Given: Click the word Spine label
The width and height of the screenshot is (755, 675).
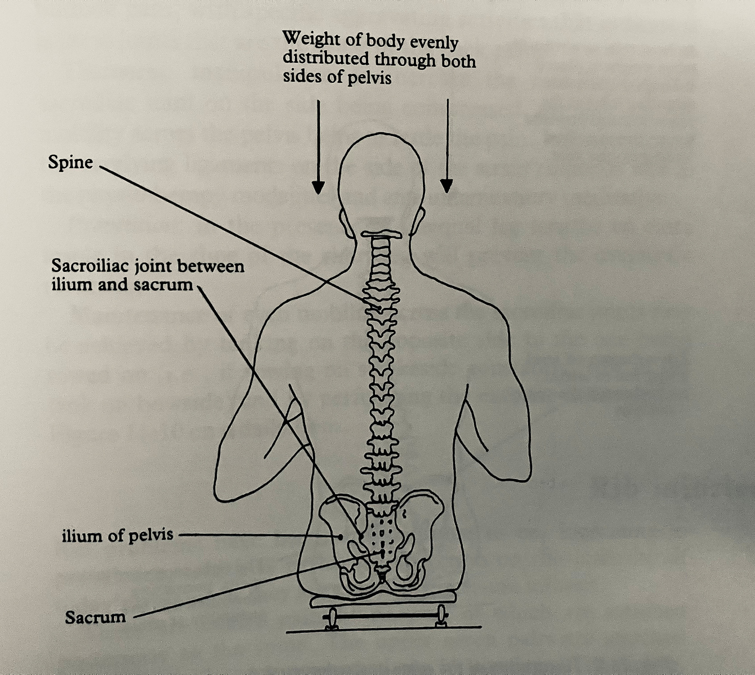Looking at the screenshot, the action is (x=70, y=163).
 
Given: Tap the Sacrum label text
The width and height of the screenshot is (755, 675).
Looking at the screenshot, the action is (x=95, y=617).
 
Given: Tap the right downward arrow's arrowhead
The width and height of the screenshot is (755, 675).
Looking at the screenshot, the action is (x=446, y=186).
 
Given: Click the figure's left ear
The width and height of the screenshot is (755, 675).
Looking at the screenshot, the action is (x=346, y=223).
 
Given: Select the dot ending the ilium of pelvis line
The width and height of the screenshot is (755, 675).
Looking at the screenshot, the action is (x=340, y=537).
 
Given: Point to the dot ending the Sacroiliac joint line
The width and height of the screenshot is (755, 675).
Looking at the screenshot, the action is (x=361, y=535).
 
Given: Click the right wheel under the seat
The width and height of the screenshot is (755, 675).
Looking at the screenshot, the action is (x=441, y=617).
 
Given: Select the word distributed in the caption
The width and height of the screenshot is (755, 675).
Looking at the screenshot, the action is (x=326, y=58).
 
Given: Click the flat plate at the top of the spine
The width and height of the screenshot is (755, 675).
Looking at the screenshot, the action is (x=382, y=235).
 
